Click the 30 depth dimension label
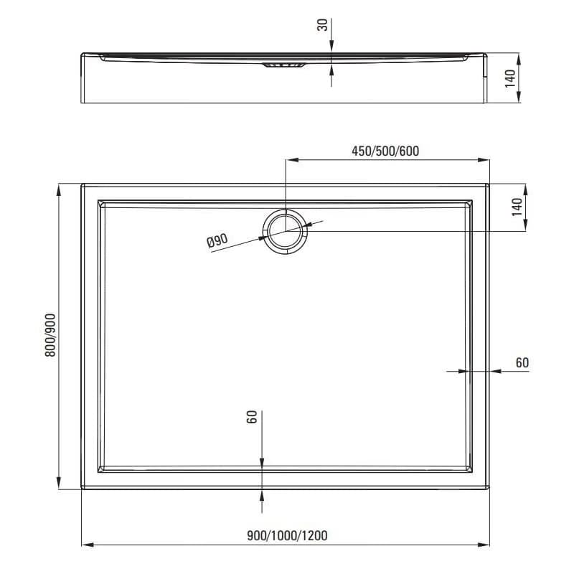323,25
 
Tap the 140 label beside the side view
510,79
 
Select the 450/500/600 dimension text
385,151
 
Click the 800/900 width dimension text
50,335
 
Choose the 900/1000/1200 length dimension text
288,536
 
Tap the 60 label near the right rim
522,363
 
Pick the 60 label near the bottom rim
252,417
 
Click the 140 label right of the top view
517,207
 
